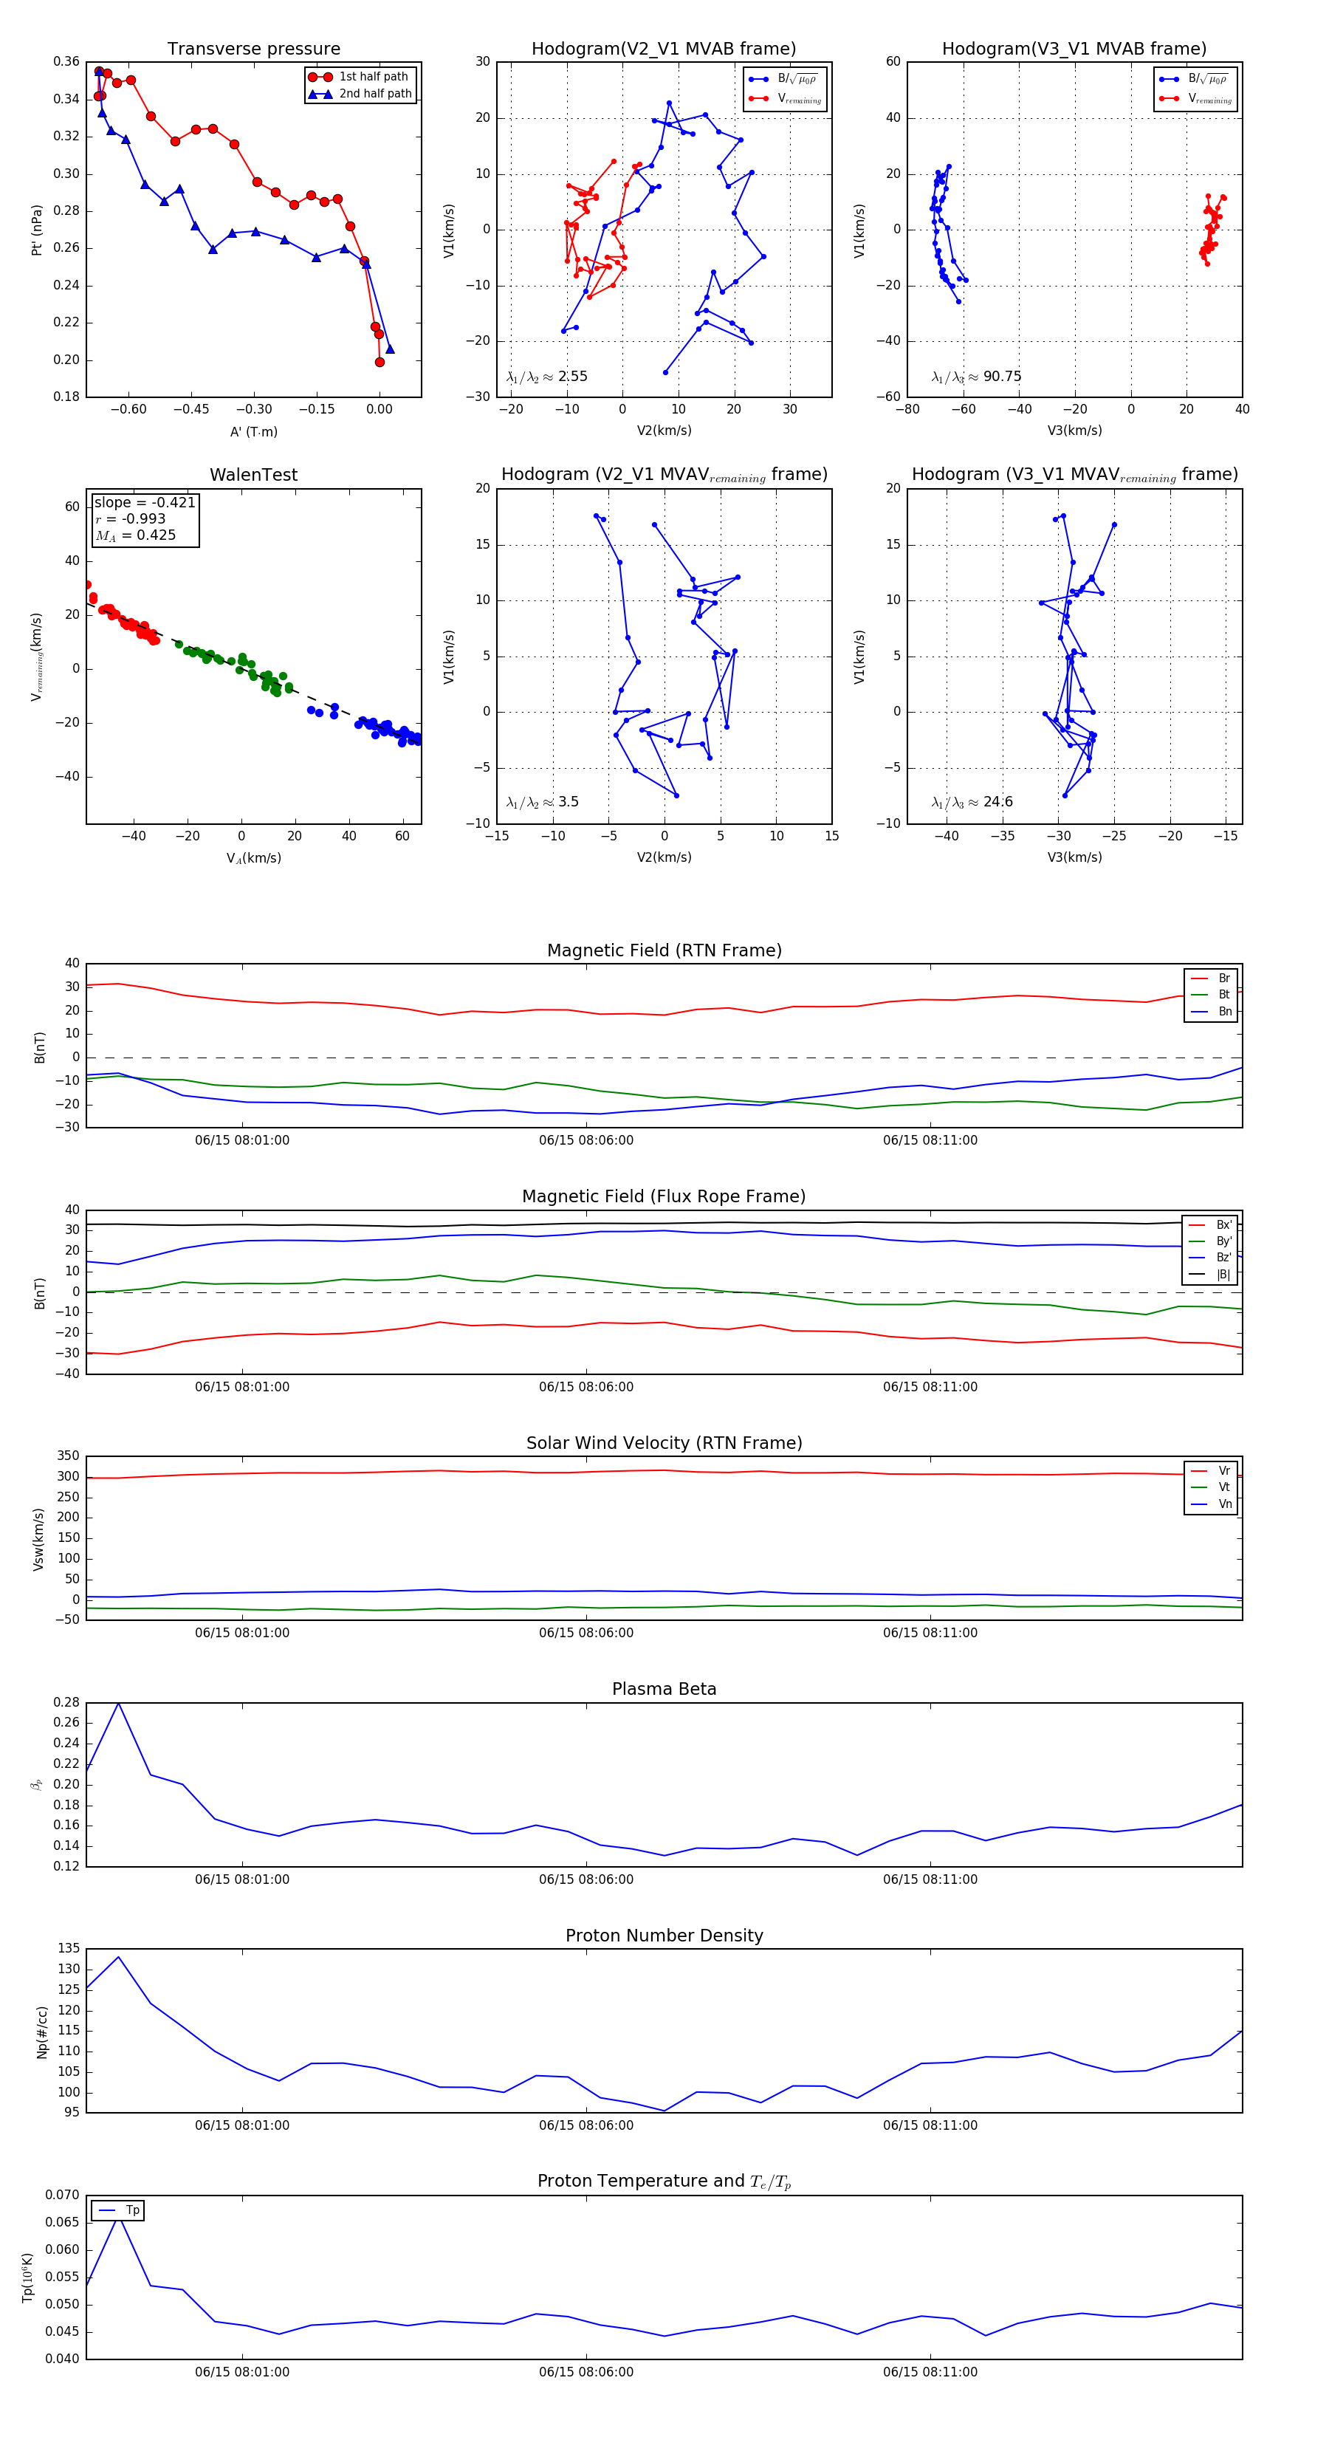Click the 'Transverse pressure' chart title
[253, 49]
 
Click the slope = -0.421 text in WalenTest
[145, 502]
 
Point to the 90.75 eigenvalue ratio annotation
[1002, 377]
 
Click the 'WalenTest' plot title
[253, 475]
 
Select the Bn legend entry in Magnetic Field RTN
[1224, 1011]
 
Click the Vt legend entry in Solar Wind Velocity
[1224, 1487]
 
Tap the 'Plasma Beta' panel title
[664, 1689]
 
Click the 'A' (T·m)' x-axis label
[253, 431]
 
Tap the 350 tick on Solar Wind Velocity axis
[68, 1456]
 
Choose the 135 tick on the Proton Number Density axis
[68, 1948]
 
